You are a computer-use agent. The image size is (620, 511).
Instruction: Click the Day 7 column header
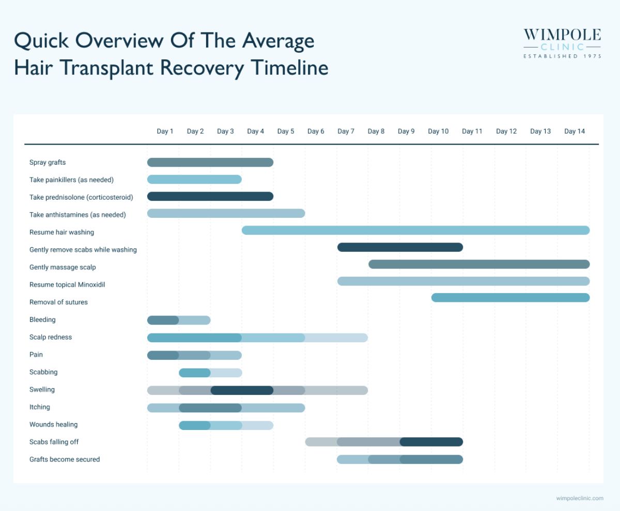pos(346,131)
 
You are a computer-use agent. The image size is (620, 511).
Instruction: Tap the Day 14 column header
pos(574,131)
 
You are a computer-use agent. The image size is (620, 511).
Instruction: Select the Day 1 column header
pos(165,131)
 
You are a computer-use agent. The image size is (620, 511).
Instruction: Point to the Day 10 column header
pos(438,131)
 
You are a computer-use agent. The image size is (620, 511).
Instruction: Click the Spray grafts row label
pos(48,162)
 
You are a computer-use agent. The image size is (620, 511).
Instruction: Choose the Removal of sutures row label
pos(58,302)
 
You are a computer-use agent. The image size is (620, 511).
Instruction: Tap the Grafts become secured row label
pos(65,459)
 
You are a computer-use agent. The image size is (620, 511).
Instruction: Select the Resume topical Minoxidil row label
pos(67,284)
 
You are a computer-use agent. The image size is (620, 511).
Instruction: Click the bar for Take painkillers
pos(194,179)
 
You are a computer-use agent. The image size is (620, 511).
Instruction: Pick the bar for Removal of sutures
pos(510,297)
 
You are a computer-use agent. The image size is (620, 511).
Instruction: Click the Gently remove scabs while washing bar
pos(400,247)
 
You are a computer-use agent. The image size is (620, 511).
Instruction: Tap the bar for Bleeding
pos(179,320)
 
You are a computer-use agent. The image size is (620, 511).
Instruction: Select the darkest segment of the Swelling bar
pos(242,390)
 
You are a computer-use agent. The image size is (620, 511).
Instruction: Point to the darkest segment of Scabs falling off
pos(431,442)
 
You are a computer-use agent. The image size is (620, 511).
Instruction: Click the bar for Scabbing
pos(210,373)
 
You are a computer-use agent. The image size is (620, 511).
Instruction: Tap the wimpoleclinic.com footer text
pos(579,498)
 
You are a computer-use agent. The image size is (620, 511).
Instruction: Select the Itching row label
pos(40,407)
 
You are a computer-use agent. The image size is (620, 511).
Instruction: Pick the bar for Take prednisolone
pos(210,196)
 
